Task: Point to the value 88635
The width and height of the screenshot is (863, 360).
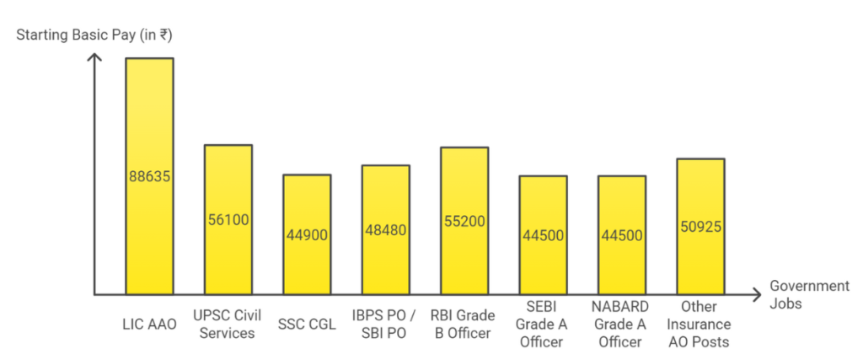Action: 149,177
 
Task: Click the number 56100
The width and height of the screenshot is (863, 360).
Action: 228,220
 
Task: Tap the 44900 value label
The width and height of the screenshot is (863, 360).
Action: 307,235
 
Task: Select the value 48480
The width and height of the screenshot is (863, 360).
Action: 386,230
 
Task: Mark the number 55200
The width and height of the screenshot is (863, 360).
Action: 464,221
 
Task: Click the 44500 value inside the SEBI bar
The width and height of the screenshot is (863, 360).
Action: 543,235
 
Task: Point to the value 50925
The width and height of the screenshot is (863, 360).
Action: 700,227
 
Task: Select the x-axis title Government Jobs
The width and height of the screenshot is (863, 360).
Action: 809,294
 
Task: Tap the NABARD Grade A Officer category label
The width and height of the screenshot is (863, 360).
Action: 622,323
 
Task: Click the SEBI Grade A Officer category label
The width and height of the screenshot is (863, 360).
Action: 543,323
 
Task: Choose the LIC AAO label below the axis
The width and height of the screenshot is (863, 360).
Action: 149,324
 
